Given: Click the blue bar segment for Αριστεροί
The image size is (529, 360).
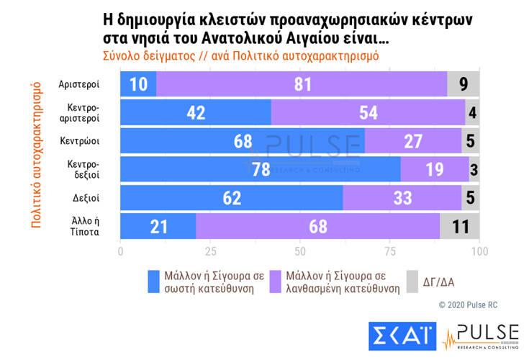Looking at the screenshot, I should (x=138, y=85).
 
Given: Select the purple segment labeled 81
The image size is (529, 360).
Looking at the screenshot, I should (x=302, y=85).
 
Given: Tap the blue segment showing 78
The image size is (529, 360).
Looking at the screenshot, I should (x=260, y=169).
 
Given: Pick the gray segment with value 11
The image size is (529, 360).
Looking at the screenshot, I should (x=459, y=225).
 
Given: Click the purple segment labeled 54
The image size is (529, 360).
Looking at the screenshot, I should (x=368, y=113).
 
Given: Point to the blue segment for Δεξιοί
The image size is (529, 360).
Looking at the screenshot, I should (x=231, y=197).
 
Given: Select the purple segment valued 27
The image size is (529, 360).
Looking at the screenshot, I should (x=413, y=141).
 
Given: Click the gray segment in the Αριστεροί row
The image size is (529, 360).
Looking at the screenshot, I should (x=464, y=85).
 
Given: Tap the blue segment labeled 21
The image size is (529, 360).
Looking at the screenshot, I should (x=158, y=225).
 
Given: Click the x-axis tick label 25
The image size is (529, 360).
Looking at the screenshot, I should (x=210, y=251).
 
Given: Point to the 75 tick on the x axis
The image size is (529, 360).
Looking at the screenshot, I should (x=390, y=251).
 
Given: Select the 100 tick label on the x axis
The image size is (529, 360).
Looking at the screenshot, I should (x=479, y=251).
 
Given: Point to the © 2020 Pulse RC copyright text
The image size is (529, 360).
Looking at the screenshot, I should (x=468, y=305).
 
